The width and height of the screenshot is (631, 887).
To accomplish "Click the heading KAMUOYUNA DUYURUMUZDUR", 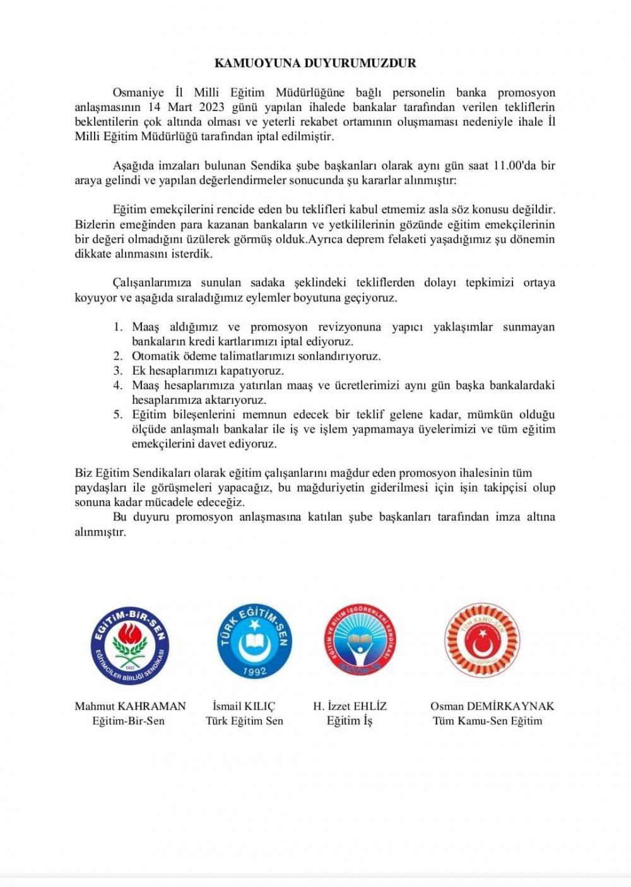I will coord(315,63).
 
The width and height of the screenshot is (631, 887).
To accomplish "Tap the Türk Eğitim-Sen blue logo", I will coord(254,640).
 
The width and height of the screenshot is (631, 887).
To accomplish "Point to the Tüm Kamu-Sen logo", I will coord(482,640).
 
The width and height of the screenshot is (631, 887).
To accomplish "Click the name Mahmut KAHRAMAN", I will coord(130,706).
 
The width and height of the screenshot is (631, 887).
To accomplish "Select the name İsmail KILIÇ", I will coord(244,706).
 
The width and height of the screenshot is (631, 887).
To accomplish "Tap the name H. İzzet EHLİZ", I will coord(350,706).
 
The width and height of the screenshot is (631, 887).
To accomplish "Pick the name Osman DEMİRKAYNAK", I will coord(492,706).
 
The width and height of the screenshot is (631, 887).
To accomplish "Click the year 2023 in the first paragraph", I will coord(211,107).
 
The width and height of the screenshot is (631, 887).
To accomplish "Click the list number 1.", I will coord(117,327).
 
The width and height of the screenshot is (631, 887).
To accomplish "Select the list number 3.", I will coord(117,370).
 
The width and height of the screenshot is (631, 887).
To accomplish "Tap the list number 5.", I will coord(117,414).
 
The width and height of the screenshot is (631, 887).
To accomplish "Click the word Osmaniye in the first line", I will coord(138,93).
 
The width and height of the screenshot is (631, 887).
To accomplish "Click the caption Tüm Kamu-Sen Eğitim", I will coord(487,721).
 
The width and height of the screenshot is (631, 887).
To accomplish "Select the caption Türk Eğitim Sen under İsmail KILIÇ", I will coord(244,721).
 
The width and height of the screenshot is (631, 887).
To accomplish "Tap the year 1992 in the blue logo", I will coord(254,671).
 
